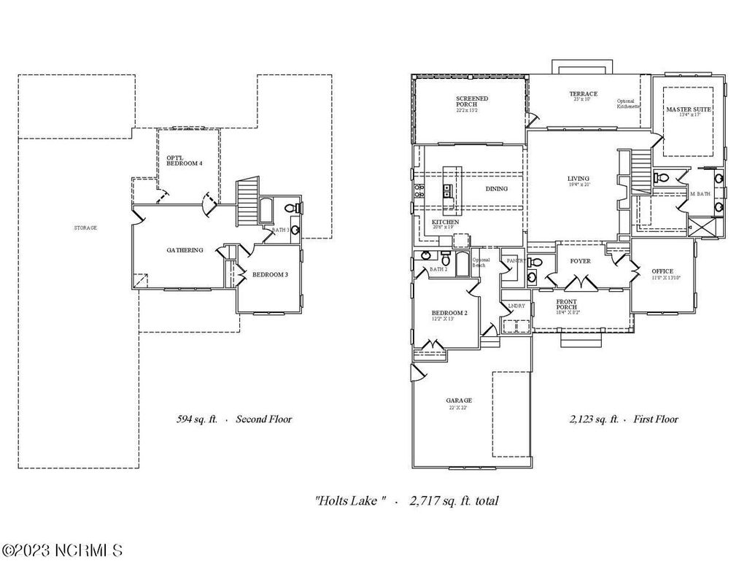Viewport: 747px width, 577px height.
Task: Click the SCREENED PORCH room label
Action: [x=472, y=101]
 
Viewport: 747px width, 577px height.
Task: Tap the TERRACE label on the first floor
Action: [x=583, y=94]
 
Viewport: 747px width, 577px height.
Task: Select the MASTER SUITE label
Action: [x=688, y=109]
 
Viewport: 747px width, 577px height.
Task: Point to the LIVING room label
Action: [x=578, y=179]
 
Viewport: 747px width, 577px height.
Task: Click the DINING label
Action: [x=496, y=189]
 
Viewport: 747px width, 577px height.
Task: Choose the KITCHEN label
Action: [x=445, y=222]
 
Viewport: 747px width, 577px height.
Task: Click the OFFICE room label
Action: [x=662, y=271]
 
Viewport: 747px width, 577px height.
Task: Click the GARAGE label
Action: [x=459, y=400]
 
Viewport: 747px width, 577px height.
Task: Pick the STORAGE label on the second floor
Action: [x=85, y=228]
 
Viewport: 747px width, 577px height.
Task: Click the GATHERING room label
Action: [x=185, y=250]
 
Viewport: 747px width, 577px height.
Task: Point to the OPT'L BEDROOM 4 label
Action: [x=185, y=160]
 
